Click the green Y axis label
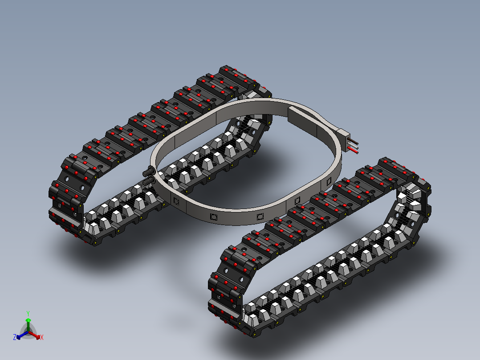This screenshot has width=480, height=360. pos(28,313)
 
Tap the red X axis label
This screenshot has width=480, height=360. pos(42,337)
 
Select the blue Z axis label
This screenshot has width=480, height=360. pos(15,337)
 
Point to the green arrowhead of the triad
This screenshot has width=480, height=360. pos(28,320)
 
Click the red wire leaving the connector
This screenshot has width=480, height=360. pos(353,151)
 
